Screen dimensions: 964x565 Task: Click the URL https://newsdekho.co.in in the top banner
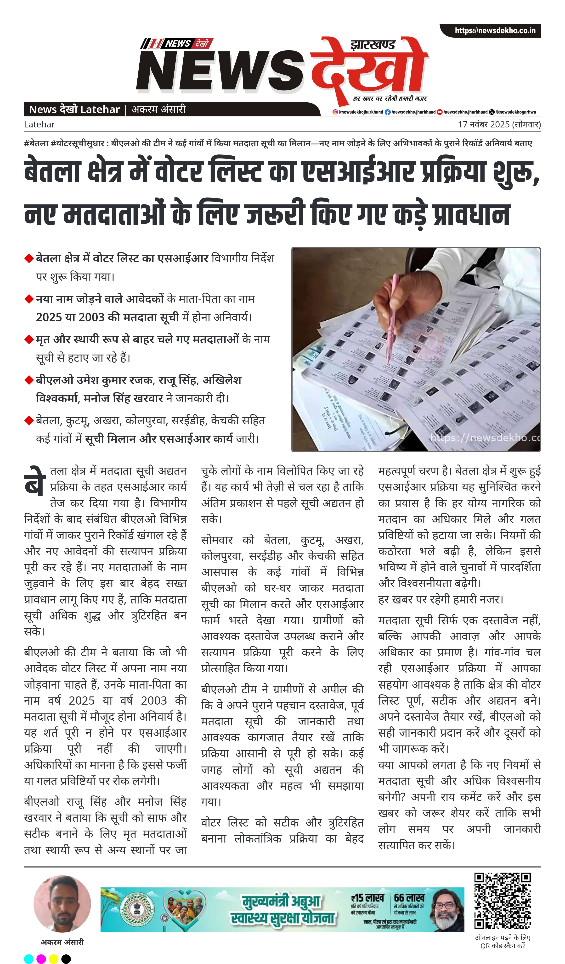495,31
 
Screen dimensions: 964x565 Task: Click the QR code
503,901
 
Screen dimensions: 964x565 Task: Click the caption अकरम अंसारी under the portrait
62,942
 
